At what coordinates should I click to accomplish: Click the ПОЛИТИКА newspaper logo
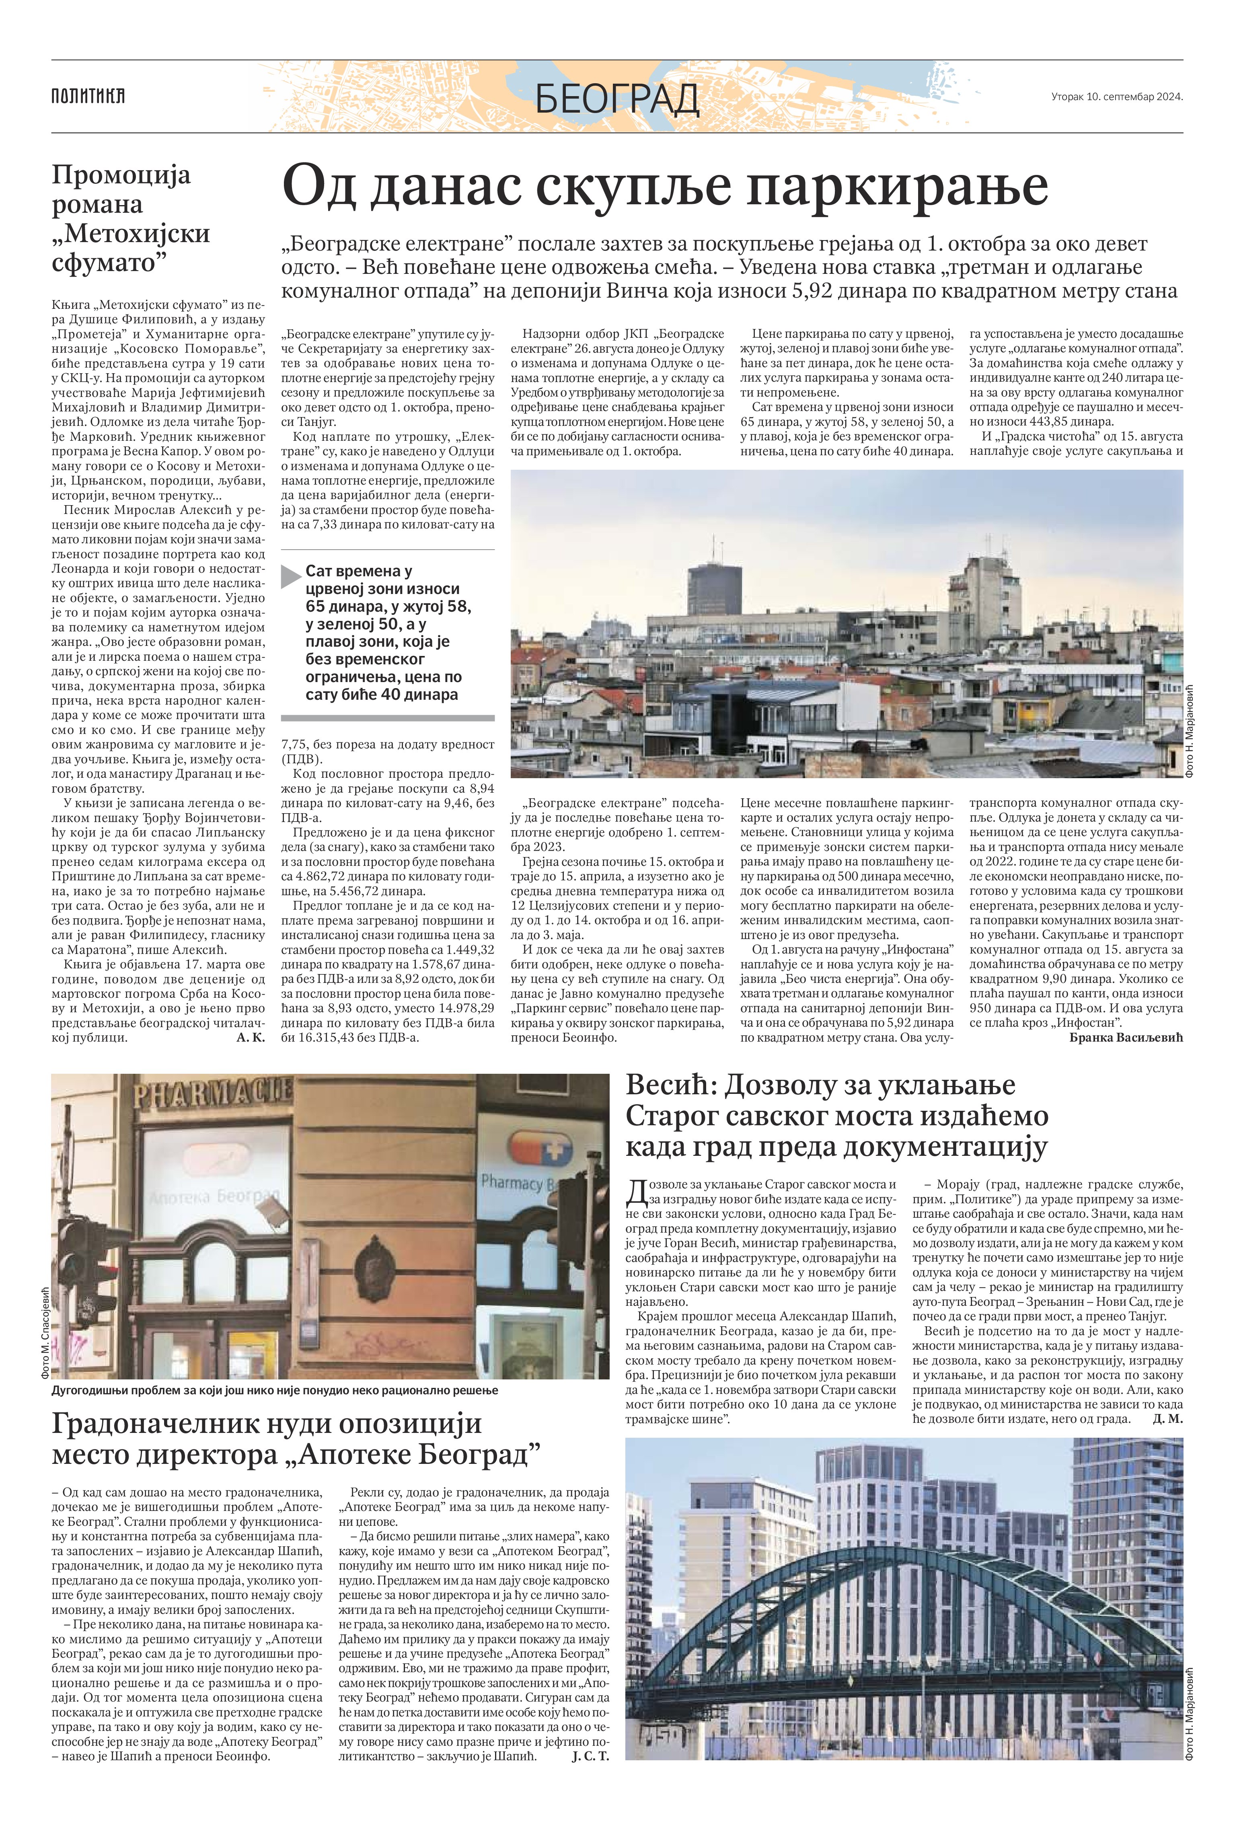pos(88,97)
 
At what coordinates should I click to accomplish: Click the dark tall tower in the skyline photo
pos(714,589)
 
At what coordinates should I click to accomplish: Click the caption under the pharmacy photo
pos(274,1390)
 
